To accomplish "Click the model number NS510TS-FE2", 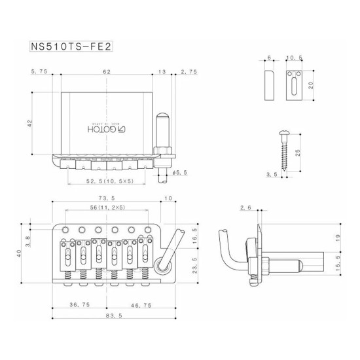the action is [x=71, y=46].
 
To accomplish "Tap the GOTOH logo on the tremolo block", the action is [x=107, y=129].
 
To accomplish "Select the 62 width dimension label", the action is [x=107, y=71].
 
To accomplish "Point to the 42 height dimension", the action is [x=29, y=124].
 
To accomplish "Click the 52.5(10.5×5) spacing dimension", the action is [x=110, y=181].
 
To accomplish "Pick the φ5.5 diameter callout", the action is [x=180, y=173].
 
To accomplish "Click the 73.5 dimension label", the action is [x=107, y=198].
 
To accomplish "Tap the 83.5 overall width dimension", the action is [x=114, y=315].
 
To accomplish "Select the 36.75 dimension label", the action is [x=80, y=304].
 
